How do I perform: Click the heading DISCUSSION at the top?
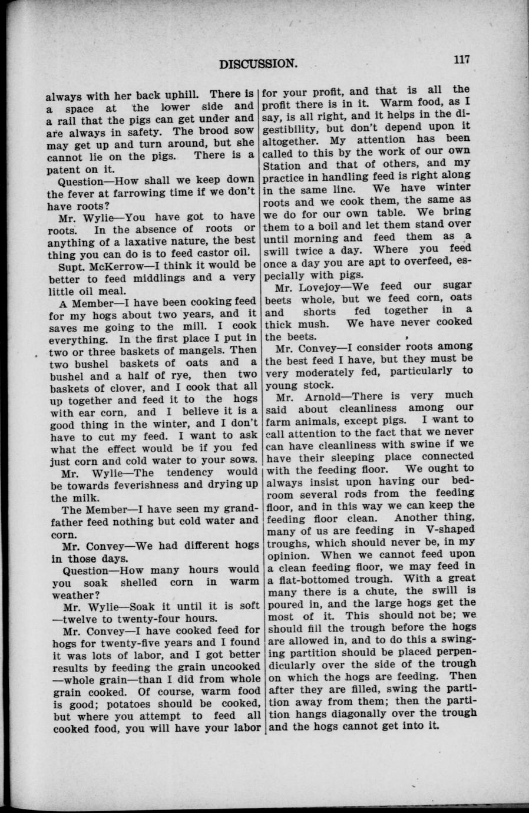(x=257, y=63)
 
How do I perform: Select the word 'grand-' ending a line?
(x=233, y=508)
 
